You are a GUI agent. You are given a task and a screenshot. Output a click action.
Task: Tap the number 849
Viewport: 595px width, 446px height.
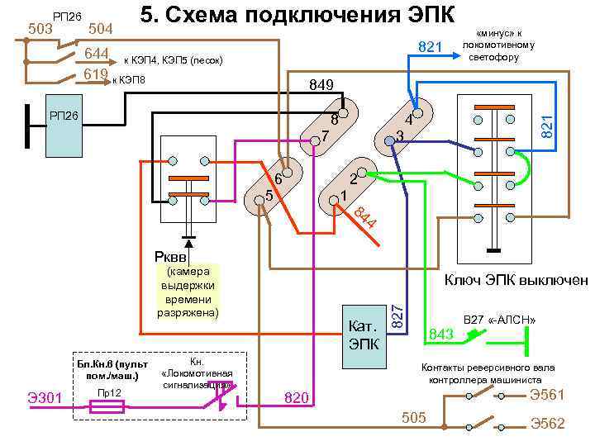click(x=321, y=85)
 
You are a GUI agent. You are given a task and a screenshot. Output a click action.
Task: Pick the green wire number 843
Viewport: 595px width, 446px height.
click(x=441, y=334)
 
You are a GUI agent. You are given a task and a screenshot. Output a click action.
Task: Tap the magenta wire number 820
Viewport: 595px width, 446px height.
click(x=297, y=399)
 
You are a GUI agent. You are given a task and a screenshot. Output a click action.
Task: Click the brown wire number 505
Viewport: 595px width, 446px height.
click(x=413, y=418)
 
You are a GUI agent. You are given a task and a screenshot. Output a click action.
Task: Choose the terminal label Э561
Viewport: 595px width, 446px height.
click(x=547, y=394)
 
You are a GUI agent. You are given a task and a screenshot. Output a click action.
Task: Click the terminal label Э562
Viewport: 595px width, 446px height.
click(x=547, y=424)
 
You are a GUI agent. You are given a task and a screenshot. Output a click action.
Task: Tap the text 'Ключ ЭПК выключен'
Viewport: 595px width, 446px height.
click(x=516, y=280)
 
